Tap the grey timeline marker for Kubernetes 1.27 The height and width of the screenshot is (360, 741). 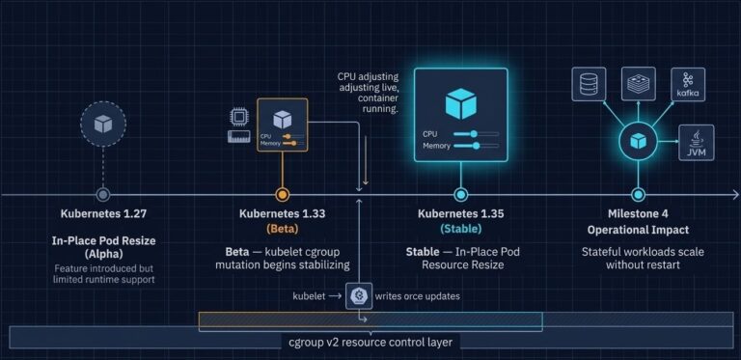[103, 194]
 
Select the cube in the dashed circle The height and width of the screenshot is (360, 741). [103, 124]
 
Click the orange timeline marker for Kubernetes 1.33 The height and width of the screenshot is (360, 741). [282, 194]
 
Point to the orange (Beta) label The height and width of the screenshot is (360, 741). [282, 230]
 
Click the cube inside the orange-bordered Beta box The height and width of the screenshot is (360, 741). [282, 120]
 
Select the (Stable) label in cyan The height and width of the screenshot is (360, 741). [460, 230]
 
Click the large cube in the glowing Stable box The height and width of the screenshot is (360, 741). [460, 102]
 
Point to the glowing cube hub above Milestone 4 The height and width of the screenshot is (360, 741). [638, 141]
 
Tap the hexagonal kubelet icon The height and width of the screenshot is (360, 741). [360, 296]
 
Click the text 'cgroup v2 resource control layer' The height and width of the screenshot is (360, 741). [370, 342]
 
